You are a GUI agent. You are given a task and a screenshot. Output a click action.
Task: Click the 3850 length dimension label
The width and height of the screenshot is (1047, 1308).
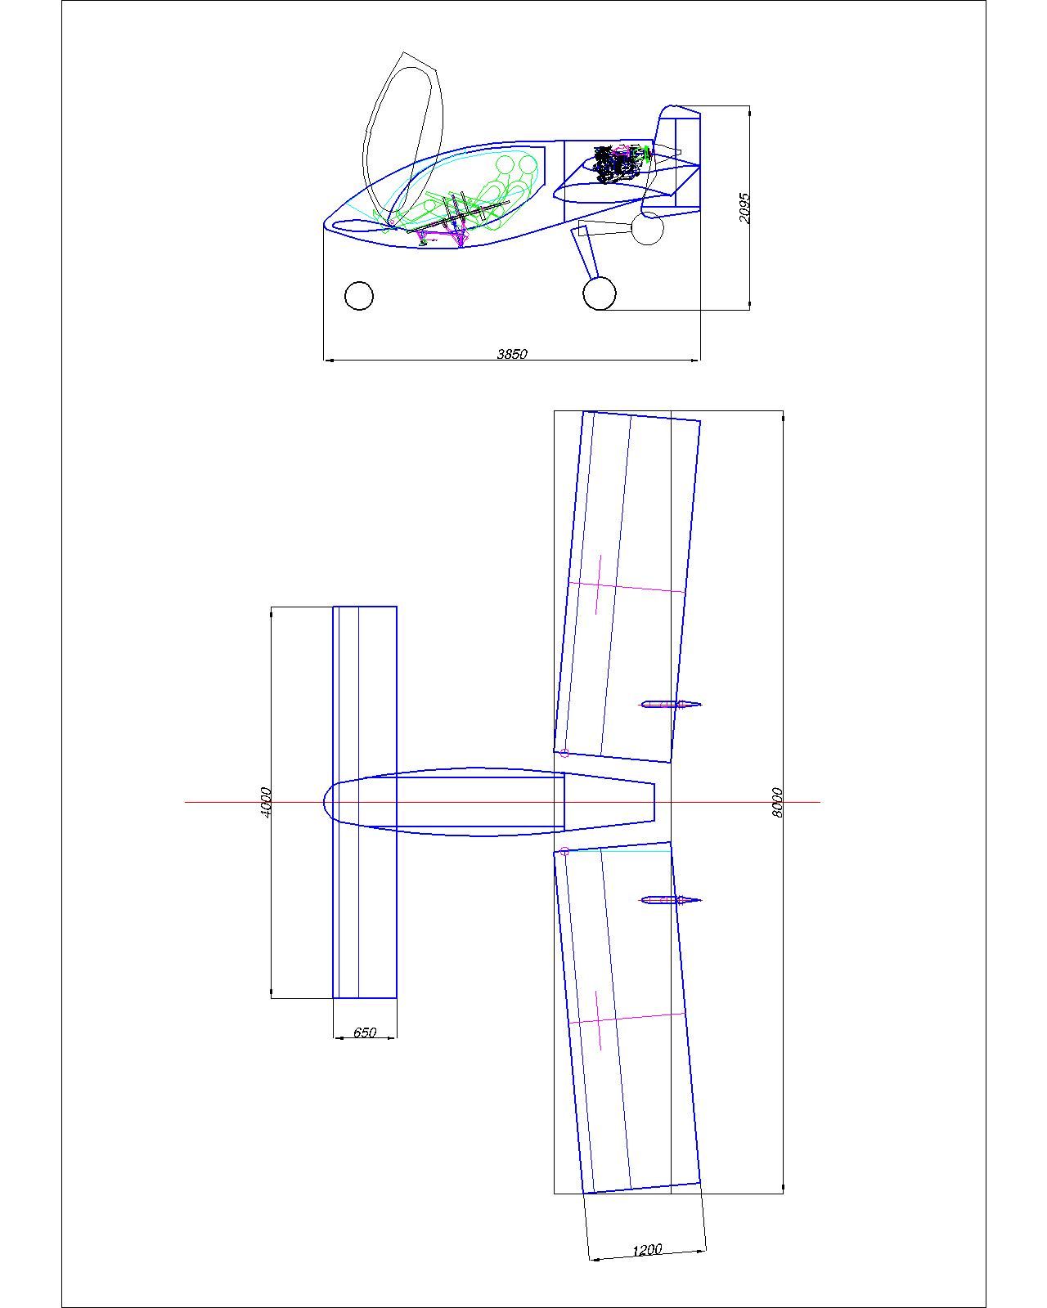point(511,354)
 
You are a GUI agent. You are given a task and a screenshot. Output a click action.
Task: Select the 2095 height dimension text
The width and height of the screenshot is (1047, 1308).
point(744,208)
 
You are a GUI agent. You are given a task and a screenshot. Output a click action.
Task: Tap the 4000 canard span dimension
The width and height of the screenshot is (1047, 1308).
point(265,802)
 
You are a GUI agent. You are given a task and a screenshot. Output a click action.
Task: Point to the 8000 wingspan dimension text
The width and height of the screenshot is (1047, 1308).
point(777,802)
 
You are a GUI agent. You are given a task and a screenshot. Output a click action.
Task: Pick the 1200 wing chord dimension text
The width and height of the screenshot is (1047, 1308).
point(647,1245)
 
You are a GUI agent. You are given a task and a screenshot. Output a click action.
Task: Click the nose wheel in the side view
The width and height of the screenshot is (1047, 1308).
point(359,296)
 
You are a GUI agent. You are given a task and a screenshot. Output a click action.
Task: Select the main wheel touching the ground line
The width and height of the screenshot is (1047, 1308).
point(600,293)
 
